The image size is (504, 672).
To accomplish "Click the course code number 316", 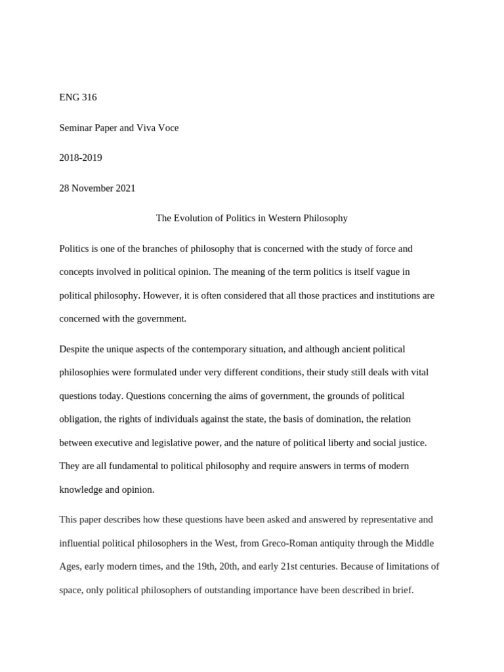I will click(x=89, y=98).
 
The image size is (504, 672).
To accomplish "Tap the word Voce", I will click(x=168, y=128).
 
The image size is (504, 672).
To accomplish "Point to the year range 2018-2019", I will click(x=81, y=158).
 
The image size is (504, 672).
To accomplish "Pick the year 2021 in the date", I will click(x=125, y=188).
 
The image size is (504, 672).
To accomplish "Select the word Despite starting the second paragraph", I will click(x=73, y=349).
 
